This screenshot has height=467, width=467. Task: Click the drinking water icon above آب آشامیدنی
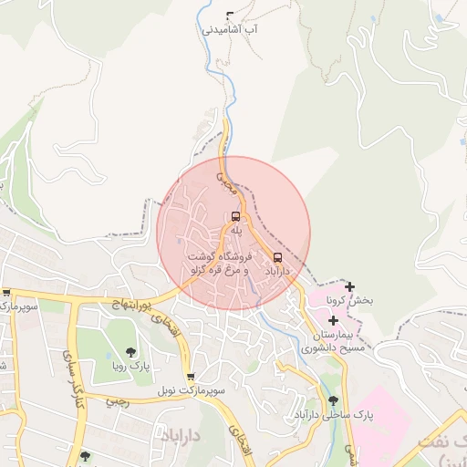click(229, 15)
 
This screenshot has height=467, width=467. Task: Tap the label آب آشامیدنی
click(229, 29)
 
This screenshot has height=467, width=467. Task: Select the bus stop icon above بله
click(236, 217)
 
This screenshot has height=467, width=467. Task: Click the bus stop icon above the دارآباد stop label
click(277, 257)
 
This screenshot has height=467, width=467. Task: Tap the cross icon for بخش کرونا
click(349, 286)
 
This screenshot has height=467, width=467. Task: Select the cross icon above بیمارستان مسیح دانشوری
click(333, 320)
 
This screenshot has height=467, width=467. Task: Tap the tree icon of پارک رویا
click(130, 351)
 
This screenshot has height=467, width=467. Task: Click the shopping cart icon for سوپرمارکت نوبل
click(189, 377)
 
